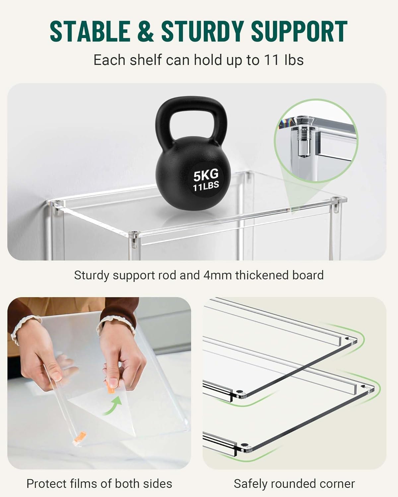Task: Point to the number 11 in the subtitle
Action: [x=271, y=60]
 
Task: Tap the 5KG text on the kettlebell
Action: [x=206, y=174]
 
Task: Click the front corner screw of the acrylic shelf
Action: [x=134, y=233]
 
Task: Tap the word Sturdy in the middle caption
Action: [x=92, y=275]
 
